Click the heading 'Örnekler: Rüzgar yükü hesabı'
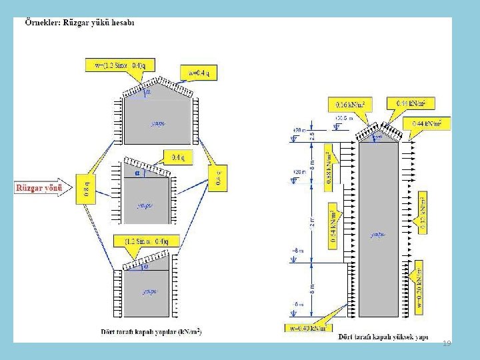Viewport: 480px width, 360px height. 80,23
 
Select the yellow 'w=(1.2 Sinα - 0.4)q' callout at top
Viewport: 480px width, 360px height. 120,65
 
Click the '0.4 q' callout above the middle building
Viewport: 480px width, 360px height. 177,158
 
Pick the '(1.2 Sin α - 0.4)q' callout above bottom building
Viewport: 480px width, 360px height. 147,241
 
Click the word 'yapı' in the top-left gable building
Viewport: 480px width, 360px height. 158,123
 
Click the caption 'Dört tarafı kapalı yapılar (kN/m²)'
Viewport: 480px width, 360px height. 151,331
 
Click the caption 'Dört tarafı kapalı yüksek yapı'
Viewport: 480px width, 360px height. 381,335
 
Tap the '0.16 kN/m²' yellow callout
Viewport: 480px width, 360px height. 351,104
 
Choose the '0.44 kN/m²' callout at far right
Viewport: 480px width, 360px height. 431,123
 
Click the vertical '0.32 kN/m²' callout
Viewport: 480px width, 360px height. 422,212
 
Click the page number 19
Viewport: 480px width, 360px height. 447,342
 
